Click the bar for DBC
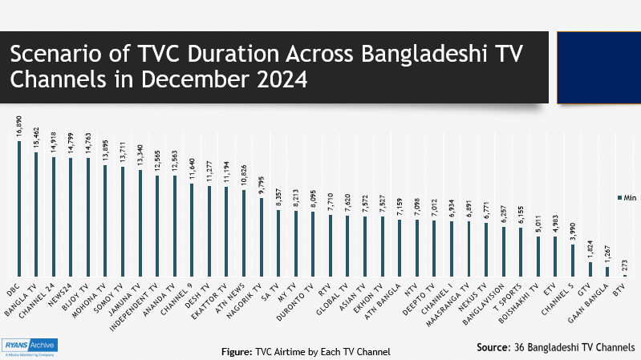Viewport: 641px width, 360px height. coord(18,209)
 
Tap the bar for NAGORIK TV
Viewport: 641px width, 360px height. coord(261,237)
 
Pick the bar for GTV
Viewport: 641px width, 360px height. coord(590,269)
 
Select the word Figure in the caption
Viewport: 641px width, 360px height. coord(238,351)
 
